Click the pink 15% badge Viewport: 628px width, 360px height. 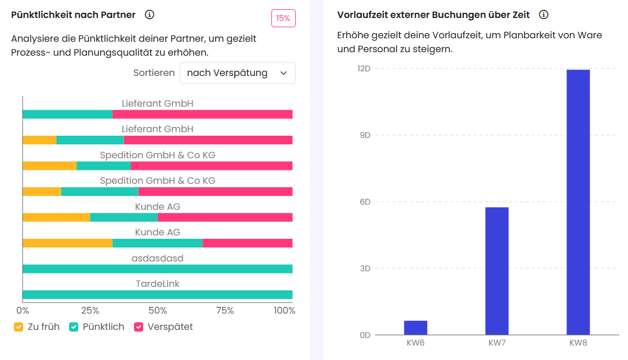point(283,18)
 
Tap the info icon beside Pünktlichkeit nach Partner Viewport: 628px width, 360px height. point(150,14)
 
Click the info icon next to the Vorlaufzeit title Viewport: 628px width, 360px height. point(543,14)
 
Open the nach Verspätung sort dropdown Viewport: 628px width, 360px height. point(237,73)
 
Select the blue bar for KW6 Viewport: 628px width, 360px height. point(415,328)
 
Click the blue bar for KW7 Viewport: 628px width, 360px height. point(496,271)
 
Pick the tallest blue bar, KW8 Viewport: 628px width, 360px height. point(578,202)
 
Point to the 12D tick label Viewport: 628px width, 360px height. point(364,68)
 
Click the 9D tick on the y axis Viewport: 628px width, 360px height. point(364,135)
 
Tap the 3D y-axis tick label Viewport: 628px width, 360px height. point(364,268)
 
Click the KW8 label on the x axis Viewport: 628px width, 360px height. point(578,343)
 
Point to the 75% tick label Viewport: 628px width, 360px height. point(225,311)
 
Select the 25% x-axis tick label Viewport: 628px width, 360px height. point(90,311)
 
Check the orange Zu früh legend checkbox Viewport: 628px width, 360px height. point(19,327)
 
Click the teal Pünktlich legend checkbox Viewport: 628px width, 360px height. point(74,327)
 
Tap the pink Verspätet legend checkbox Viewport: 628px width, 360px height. point(139,327)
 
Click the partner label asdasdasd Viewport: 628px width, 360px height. point(157,258)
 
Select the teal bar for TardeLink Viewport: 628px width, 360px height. point(157,294)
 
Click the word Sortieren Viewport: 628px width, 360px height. point(154,73)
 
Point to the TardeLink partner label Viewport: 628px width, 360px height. point(157,283)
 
